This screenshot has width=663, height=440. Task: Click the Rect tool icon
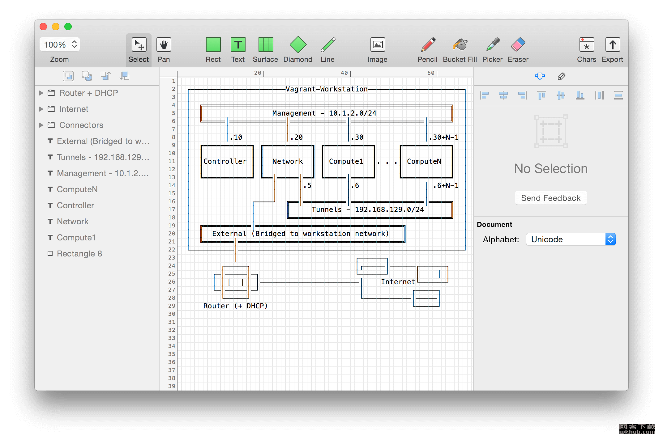[213, 45]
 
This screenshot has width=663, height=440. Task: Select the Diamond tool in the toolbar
[298, 45]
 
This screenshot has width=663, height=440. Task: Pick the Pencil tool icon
[428, 45]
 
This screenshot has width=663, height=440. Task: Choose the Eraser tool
[518, 45]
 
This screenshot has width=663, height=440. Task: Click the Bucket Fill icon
[460, 45]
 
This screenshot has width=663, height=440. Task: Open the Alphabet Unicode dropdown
[571, 239]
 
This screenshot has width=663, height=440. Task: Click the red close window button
[43, 27]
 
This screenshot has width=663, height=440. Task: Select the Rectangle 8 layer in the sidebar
[79, 254]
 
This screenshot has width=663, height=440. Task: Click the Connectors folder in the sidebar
[81, 125]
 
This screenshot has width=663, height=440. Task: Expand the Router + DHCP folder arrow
[41, 93]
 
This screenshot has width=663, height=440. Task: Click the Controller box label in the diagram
[225, 161]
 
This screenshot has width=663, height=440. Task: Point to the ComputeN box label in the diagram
[424, 161]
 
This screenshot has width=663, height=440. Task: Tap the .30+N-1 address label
[443, 137]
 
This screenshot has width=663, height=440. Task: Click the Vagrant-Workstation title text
[327, 89]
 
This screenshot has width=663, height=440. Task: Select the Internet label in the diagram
[398, 282]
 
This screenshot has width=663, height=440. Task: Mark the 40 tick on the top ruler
[344, 73]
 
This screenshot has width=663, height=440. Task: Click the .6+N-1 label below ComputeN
[446, 185]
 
